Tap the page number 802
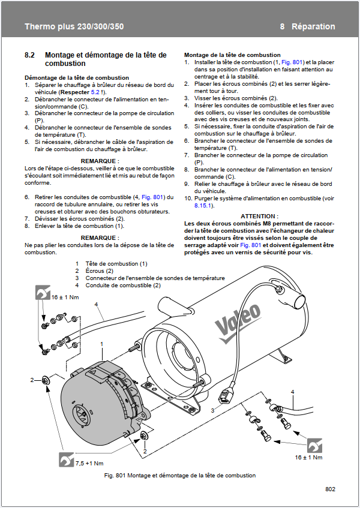330,489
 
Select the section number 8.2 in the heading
29,55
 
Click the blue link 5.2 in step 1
95,92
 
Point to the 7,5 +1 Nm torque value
89,463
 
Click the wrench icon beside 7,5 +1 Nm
66,459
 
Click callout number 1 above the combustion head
102,344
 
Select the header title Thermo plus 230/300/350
74,26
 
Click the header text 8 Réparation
308,26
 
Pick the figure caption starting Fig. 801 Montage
180,476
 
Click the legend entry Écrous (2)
99,271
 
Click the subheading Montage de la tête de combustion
232,55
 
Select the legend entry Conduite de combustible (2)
123,285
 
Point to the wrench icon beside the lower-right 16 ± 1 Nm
314,445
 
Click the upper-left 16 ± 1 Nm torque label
65,297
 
